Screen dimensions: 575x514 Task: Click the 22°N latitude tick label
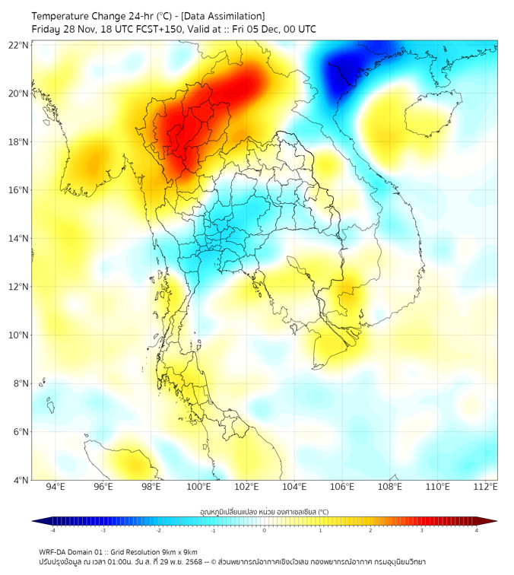tap(19, 45)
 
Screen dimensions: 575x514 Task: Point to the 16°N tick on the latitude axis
tap(19, 190)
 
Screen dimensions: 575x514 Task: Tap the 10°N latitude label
tap(19, 335)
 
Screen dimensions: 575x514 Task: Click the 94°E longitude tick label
tap(56, 487)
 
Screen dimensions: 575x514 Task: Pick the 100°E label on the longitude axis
tap(199, 487)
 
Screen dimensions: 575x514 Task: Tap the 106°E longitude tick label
tap(342, 487)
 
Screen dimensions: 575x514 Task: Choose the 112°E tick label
tap(486, 487)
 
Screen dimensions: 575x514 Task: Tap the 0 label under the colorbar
tap(265, 530)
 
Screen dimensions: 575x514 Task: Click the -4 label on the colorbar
tap(52, 530)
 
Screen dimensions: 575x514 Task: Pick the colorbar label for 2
tap(371, 530)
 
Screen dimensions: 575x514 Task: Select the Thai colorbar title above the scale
tap(264, 512)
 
